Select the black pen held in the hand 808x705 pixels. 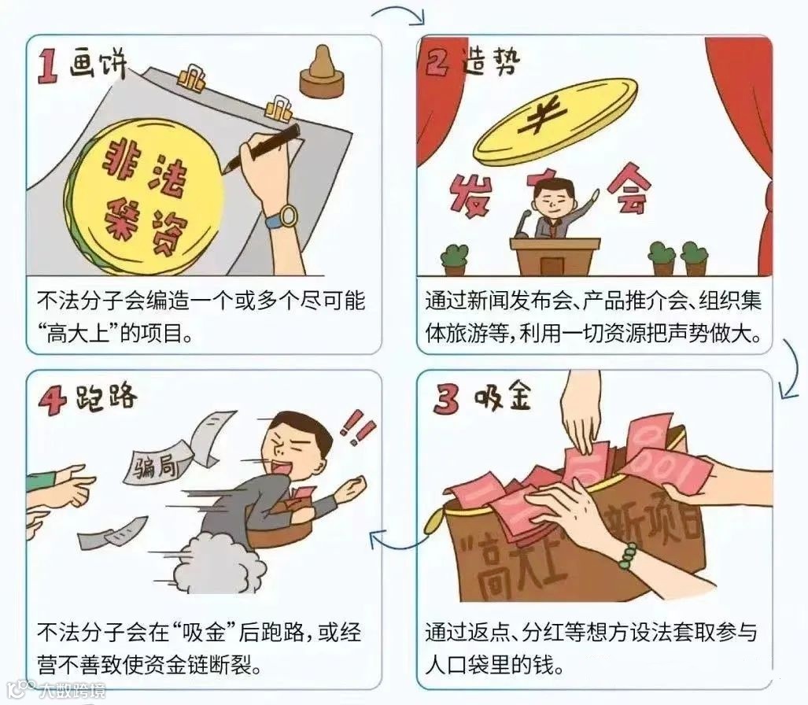point(262,146)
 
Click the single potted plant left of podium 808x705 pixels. point(455,260)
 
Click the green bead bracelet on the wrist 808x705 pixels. point(629,556)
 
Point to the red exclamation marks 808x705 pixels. point(358,426)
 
